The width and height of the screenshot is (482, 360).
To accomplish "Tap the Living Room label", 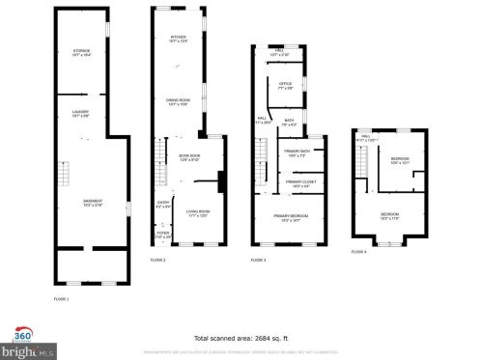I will click(x=198, y=212).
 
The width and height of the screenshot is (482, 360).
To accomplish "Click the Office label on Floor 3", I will click(x=285, y=86).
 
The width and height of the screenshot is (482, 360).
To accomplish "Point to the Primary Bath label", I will click(x=298, y=153).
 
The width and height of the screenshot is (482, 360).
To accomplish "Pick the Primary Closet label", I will click(x=298, y=183).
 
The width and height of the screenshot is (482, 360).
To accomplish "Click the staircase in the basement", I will click(x=65, y=177).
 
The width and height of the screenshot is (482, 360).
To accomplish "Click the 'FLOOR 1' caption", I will click(x=61, y=298).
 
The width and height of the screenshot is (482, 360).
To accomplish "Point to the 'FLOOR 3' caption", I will click(x=258, y=261).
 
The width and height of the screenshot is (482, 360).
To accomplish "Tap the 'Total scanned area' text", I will click(x=241, y=339).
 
